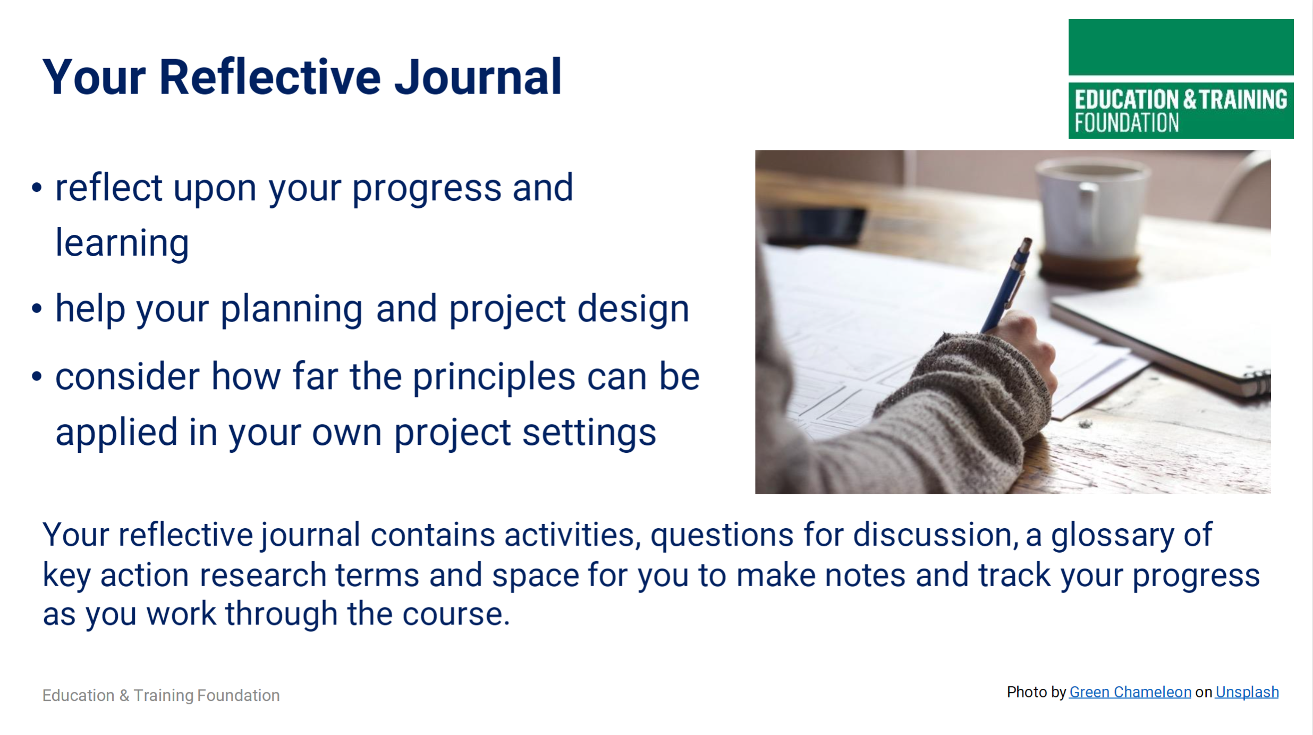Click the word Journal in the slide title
click(x=478, y=77)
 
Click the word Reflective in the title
click(x=270, y=77)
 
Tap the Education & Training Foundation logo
click(x=1181, y=79)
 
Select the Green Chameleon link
click(x=1130, y=692)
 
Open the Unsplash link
click(x=1247, y=692)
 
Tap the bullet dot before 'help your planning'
click(x=37, y=308)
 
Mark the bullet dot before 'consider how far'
click(x=37, y=376)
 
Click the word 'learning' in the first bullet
click(x=122, y=243)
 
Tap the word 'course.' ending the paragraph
click(x=456, y=614)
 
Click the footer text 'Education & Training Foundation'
click(x=161, y=695)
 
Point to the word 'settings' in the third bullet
click(x=589, y=434)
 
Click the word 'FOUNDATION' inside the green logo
click(x=1126, y=123)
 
